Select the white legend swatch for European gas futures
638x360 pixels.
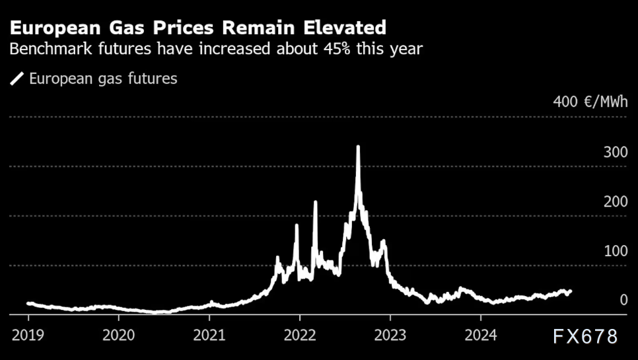point(17,79)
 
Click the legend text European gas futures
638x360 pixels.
point(103,79)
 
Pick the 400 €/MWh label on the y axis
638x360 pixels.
point(590,102)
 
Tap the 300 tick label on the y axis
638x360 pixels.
point(615,152)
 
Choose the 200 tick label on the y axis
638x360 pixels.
point(615,201)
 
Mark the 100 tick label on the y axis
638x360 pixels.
point(615,251)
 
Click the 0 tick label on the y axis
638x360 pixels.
point(623,301)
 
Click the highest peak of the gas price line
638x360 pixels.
point(358,147)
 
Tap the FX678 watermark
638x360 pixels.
point(585,336)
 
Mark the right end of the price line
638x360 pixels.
point(570,291)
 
